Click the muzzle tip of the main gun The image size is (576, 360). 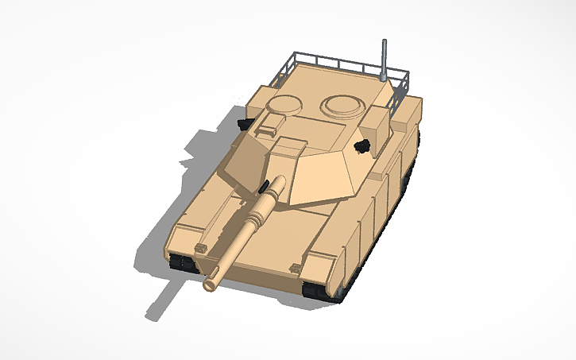[212, 282]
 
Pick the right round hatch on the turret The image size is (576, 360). [342, 104]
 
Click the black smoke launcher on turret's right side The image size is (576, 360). [363, 145]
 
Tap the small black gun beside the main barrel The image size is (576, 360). [261, 186]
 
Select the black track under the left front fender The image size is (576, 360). [182, 263]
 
